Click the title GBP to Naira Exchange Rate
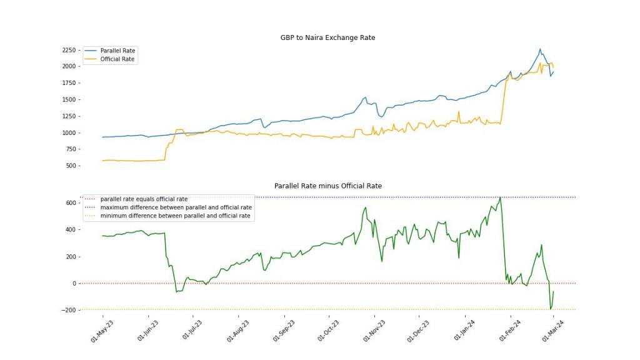[327, 37]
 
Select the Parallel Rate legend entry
[117, 51]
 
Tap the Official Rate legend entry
[117, 59]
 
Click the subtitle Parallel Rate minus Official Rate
[327, 186]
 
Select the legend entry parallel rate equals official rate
[144, 199]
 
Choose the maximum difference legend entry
[176, 207]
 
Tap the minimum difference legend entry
[175, 216]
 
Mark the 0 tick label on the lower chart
[74, 283]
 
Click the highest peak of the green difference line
[500, 197]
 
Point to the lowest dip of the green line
[551, 309]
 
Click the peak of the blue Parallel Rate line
[540, 49]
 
